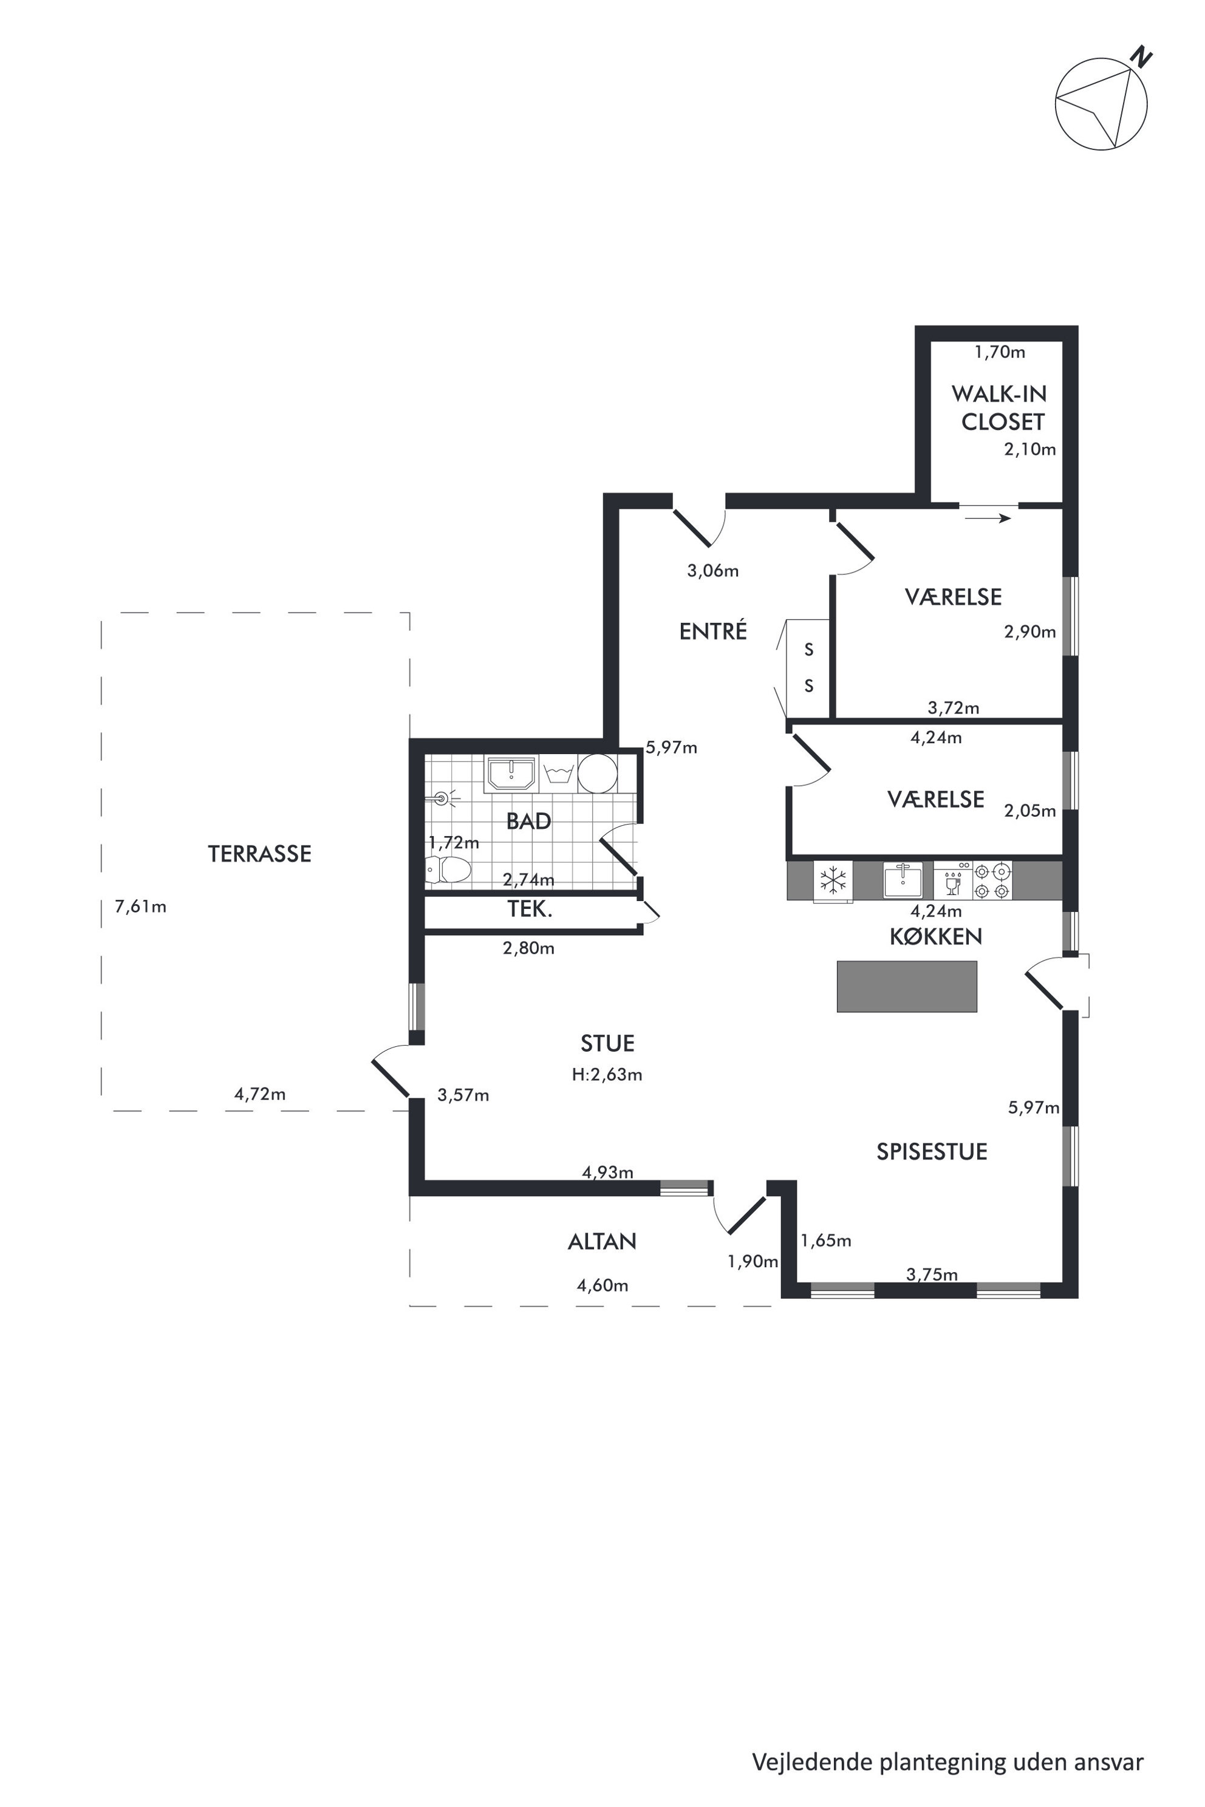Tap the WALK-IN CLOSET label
coord(999,408)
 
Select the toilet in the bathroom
coord(448,869)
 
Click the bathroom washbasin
coord(510,773)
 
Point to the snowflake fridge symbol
coord(833,880)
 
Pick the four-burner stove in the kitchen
coord(992,880)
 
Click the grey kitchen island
coord(907,987)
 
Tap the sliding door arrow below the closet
coord(988,519)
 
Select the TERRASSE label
coord(260,854)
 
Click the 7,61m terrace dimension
coord(141,907)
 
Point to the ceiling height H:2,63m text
coord(607,1075)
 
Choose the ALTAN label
coord(602,1242)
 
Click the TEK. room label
coord(530,910)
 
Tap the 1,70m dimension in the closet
coord(1000,353)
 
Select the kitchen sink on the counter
coord(903,880)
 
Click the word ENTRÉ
coord(713,631)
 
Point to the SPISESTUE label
coord(932,1152)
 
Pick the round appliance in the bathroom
coord(598,773)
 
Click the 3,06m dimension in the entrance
coord(713,571)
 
